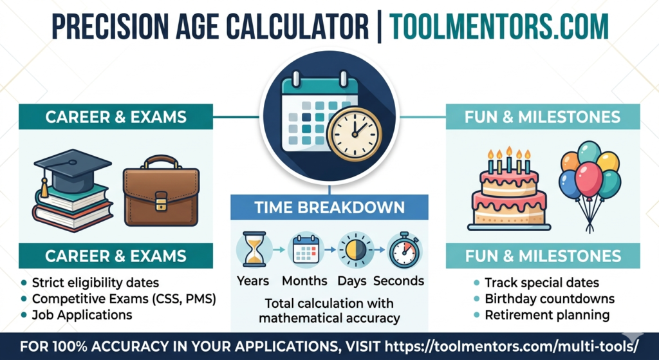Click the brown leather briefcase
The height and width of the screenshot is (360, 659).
coord(162,190)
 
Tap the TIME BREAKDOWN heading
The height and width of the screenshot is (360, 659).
coord(329,207)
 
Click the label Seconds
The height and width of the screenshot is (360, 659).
coord(399,281)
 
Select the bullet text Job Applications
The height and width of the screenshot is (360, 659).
coord(82,315)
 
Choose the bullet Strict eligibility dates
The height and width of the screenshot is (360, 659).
coord(95,283)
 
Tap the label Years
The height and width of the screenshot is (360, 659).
coord(253,281)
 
